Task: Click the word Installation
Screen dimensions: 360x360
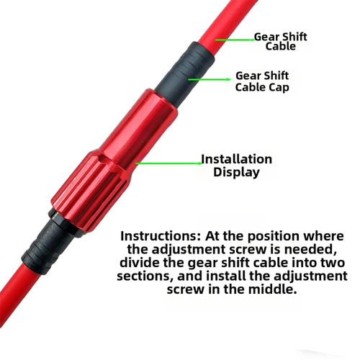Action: click(x=237, y=159)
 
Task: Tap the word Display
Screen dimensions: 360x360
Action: click(x=236, y=172)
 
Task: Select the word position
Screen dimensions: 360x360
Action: click(x=273, y=237)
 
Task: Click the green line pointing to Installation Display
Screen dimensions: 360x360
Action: click(x=168, y=163)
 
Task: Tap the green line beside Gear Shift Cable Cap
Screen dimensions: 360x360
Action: click(x=209, y=79)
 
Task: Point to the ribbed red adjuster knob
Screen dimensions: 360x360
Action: click(x=91, y=189)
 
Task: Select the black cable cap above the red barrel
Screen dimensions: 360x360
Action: click(x=185, y=73)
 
